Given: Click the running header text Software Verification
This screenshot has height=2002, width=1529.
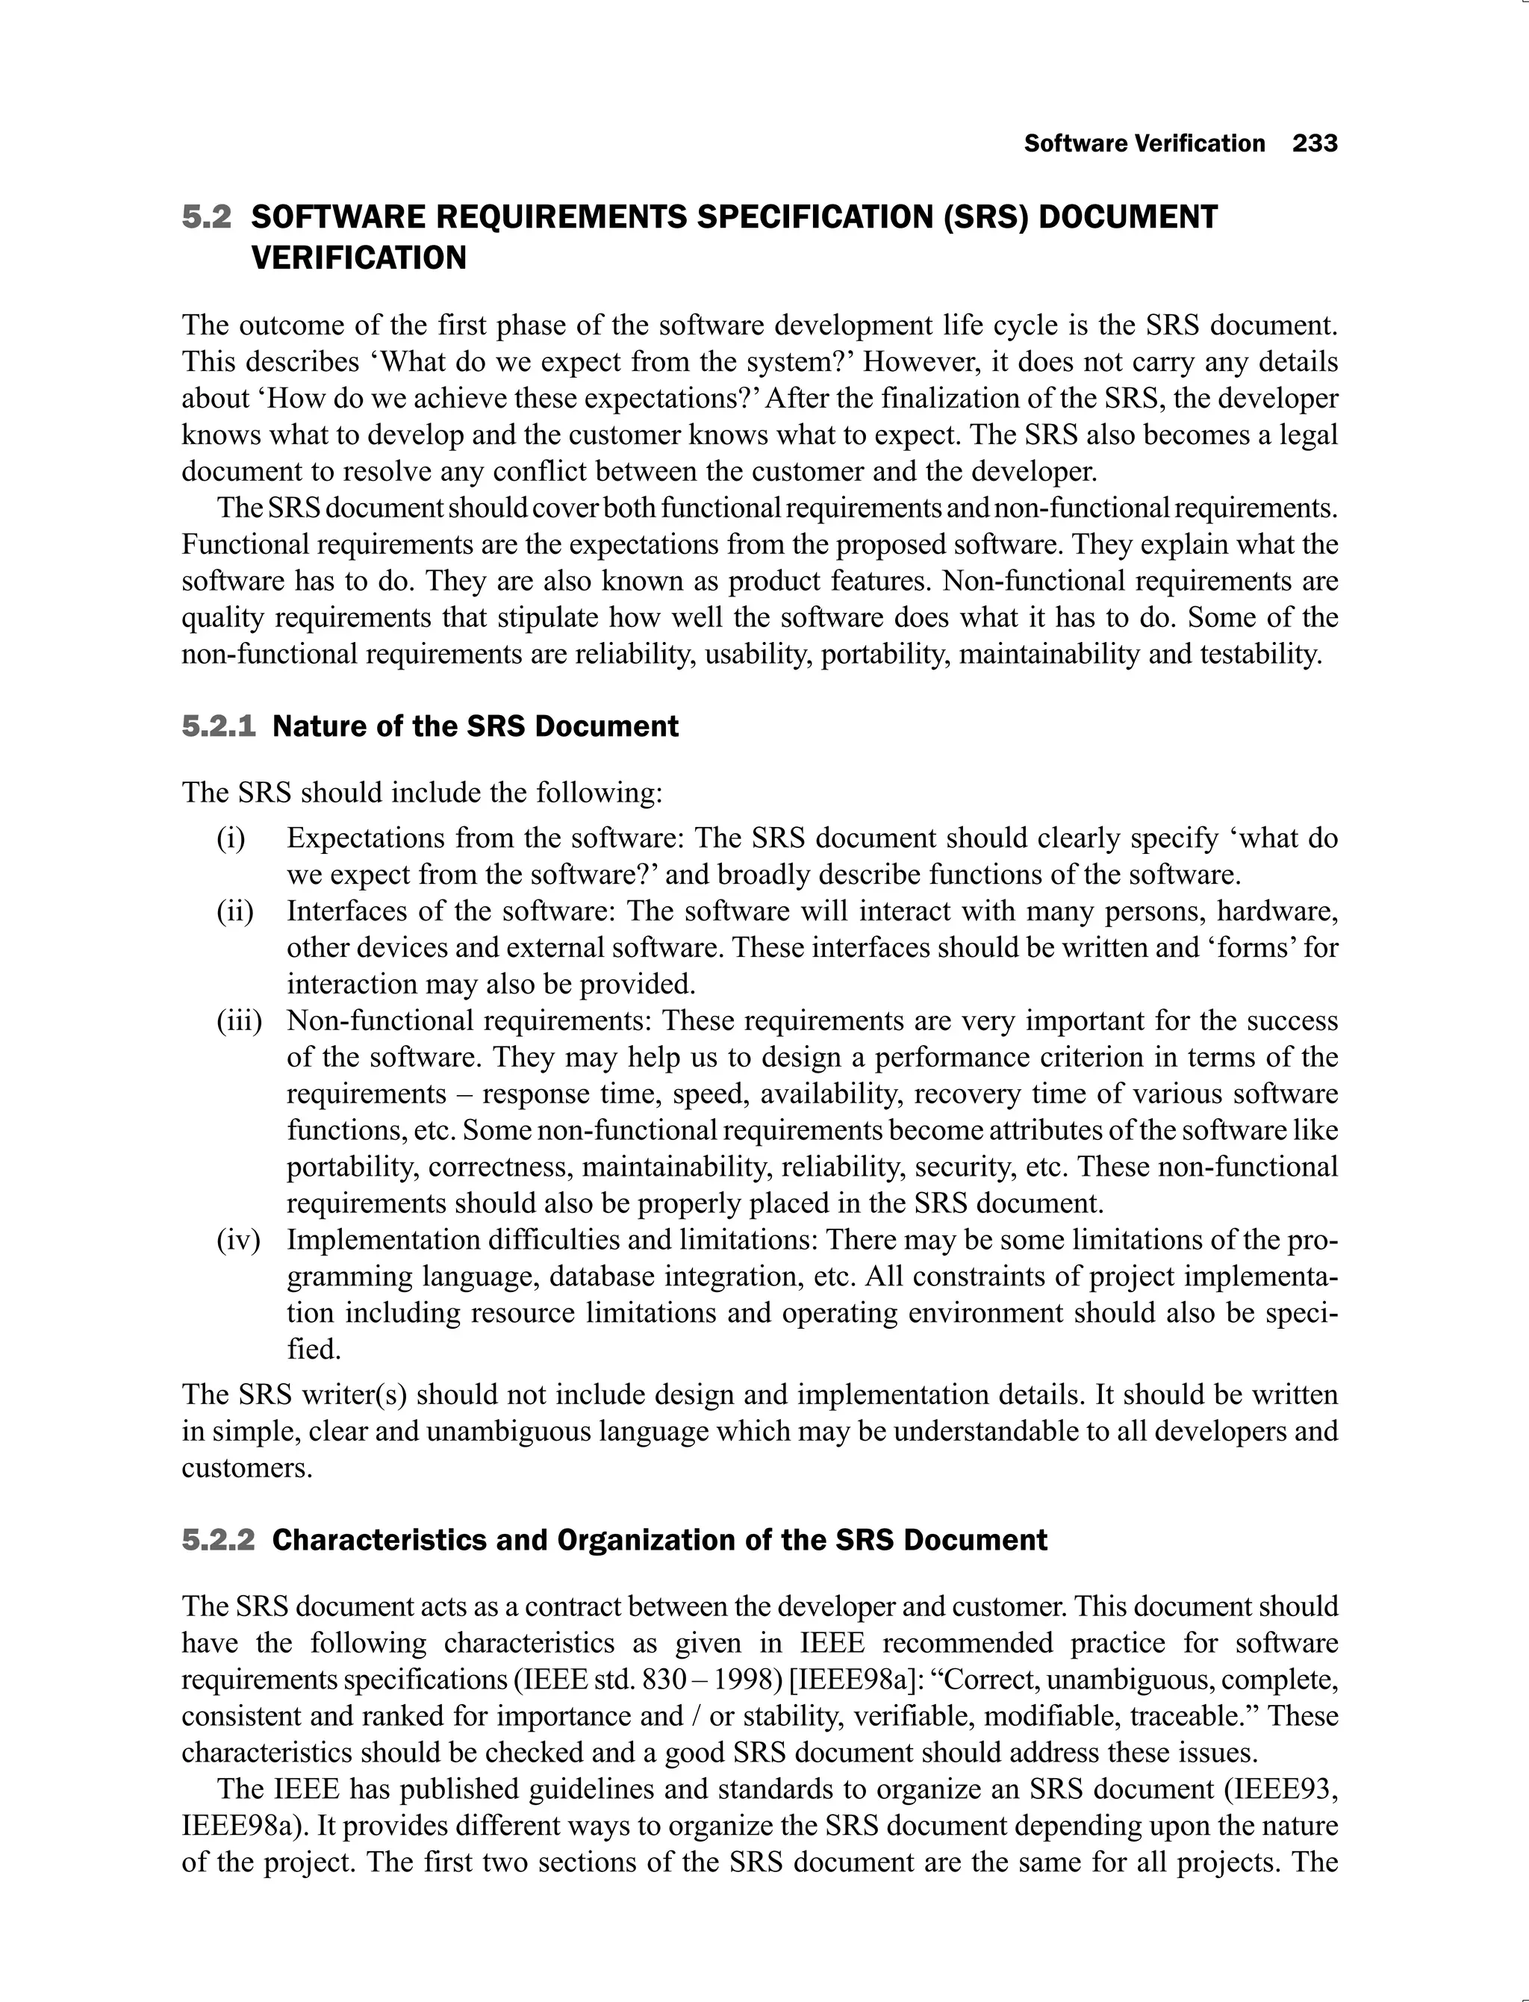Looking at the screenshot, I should pyautogui.click(x=1144, y=144).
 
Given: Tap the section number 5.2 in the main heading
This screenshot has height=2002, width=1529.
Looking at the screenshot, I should pyautogui.click(x=207, y=217).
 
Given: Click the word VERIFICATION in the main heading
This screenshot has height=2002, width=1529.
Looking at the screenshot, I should pyautogui.click(x=358, y=258).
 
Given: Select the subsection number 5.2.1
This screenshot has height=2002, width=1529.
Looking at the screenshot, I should pyautogui.click(x=219, y=726).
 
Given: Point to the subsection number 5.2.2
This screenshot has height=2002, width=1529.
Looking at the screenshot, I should pyautogui.click(x=219, y=1540).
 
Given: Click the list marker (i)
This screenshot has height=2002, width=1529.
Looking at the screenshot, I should pyautogui.click(x=231, y=838).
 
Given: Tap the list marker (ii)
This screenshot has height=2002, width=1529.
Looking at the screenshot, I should pyautogui.click(x=235, y=911).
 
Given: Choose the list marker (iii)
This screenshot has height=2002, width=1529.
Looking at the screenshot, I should pyautogui.click(x=238, y=1021).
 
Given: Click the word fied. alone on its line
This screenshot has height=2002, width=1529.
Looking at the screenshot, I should pyautogui.click(x=314, y=1350).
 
